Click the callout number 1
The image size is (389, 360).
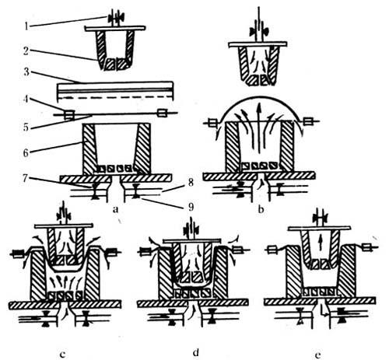[26, 26]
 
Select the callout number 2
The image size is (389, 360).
[26, 51]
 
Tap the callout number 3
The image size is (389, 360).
[26, 72]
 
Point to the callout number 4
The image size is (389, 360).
[26, 100]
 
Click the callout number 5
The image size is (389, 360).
[26, 128]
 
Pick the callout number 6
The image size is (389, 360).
[26, 153]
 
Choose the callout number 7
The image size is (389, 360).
[26, 179]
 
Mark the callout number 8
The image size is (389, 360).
[191, 183]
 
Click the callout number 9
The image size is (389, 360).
[191, 207]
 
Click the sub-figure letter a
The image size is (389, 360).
[116, 209]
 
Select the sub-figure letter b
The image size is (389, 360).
[261, 209]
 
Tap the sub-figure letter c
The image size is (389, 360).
[62, 354]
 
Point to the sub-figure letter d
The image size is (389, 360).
[196, 352]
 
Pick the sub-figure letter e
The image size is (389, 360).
[318, 355]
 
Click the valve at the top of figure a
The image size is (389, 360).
[116, 18]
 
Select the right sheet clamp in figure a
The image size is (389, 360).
[162, 113]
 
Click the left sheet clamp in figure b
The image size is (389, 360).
[212, 122]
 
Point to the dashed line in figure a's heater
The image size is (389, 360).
[115, 97]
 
